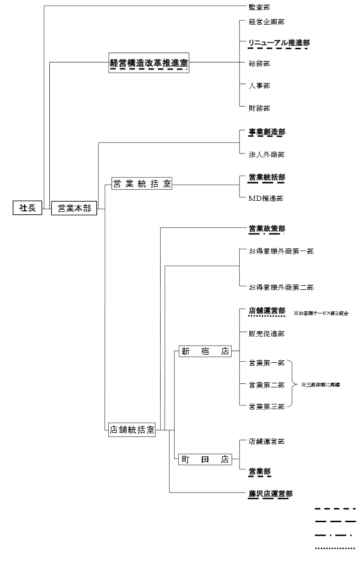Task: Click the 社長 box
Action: point(27,207)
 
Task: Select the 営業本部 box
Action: point(74,208)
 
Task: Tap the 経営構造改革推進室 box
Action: point(149,63)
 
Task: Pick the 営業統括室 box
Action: point(141,184)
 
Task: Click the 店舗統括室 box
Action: point(132,430)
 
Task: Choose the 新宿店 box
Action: point(204,352)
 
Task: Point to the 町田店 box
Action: point(204,459)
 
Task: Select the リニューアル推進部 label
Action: point(278,43)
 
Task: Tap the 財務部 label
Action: point(259,108)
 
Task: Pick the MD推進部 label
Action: point(266,198)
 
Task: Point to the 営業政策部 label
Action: point(267,229)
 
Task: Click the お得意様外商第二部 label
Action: point(281,287)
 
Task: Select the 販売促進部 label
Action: point(267,333)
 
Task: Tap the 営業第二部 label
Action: point(267,385)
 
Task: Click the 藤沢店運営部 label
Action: point(270,494)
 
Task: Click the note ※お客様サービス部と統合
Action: point(321,313)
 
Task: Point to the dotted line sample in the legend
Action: point(335,548)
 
